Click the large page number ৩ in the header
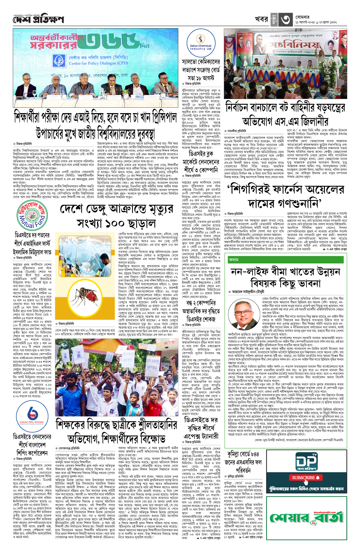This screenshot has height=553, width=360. pyautogui.click(x=285, y=20)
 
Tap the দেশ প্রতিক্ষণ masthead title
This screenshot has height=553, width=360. pyautogui.click(x=38, y=20)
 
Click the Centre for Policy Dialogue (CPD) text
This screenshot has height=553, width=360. pyautogui.click(x=98, y=63)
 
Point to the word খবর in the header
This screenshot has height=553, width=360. pyautogui.click(x=261, y=19)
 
